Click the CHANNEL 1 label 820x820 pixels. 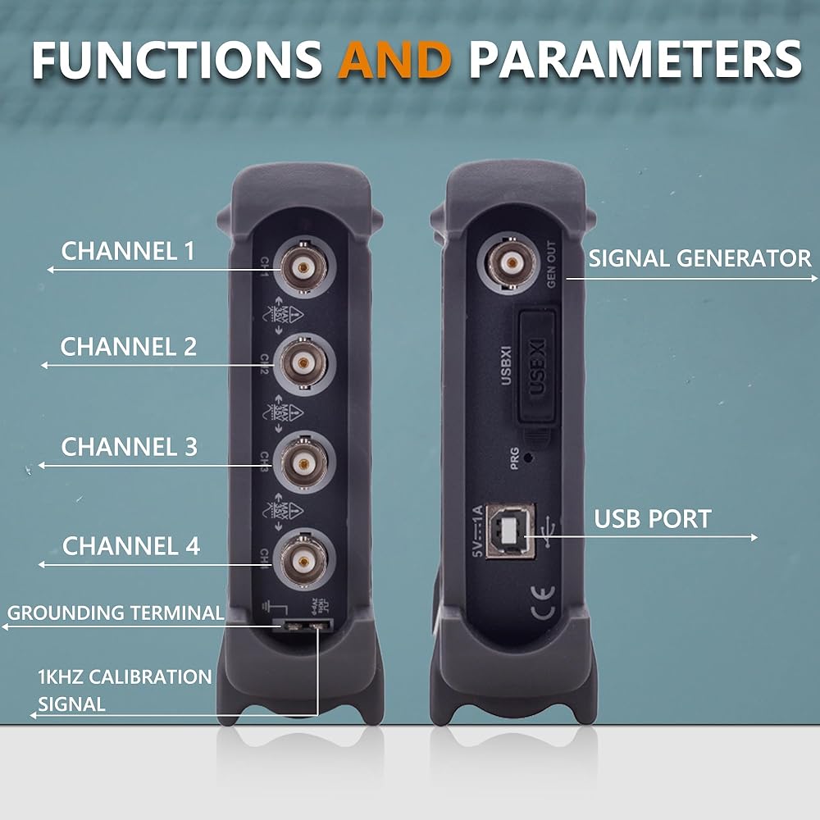(129, 251)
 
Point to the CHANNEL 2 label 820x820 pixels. (129, 347)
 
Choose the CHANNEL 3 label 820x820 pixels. (130, 447)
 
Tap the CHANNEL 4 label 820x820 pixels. (131, 546)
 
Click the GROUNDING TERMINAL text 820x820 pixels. (116, 613)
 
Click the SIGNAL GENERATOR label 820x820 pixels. (699, 259)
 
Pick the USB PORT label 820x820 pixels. (653, 519)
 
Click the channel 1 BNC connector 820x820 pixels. (303, 266)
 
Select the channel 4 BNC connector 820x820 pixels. (303, 561)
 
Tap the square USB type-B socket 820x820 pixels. (510, 531)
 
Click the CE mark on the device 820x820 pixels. (542, 609)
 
